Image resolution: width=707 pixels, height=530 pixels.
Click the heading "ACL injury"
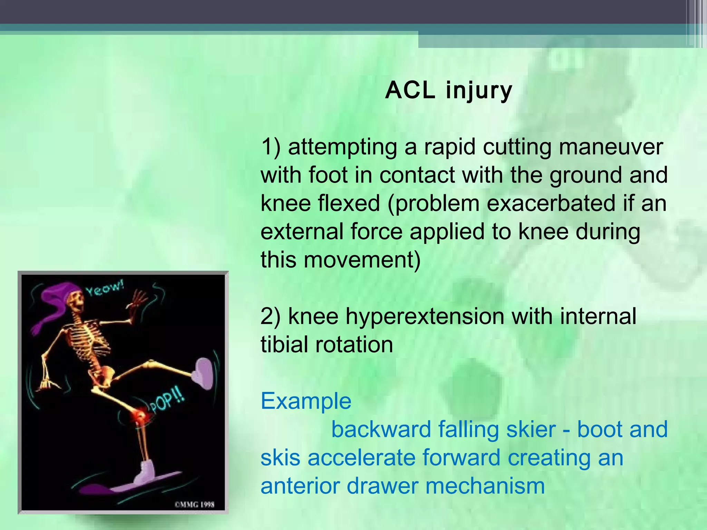point(448,90)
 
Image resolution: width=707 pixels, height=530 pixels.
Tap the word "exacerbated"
point(551,203)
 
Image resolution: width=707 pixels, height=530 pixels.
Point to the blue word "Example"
point(306,401)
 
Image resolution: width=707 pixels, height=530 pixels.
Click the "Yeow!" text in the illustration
point(105,289)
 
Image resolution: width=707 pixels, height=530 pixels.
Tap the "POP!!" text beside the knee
point(167,403)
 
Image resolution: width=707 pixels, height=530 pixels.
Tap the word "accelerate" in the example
point(361,458)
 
